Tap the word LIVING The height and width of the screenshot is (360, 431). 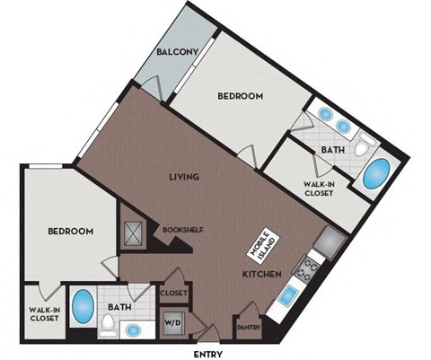(183, 177)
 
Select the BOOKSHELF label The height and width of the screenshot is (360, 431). (182, 230)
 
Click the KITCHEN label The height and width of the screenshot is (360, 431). (263, 273)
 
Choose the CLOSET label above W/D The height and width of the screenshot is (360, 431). (172, 293)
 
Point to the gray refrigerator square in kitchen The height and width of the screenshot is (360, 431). (327, 241)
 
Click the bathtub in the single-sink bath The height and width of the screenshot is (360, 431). (84, 307)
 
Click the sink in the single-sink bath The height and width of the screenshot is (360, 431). (133, 329)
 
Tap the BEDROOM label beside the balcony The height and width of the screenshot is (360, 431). (240, 96)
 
